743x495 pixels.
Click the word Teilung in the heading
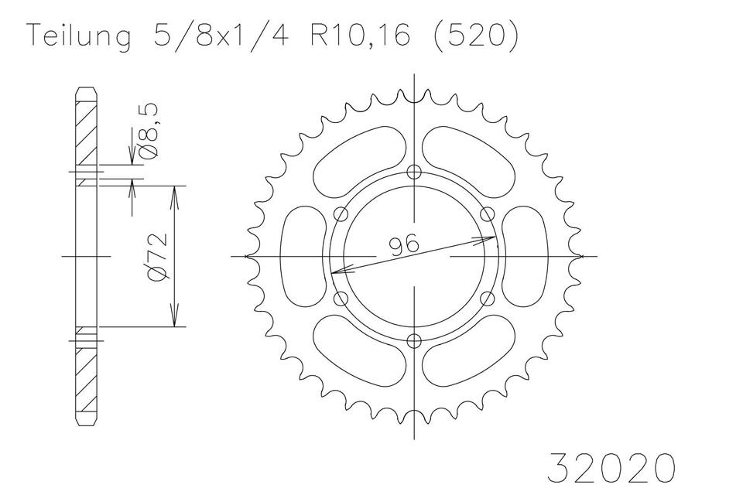point(80,36)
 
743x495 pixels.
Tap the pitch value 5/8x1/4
point(221,35)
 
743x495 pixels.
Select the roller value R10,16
point(360,35)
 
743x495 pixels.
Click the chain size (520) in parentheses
point(476,36)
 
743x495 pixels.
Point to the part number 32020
point(611,467)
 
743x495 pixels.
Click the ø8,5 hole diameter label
point(150,130)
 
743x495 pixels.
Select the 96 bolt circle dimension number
point(404,244)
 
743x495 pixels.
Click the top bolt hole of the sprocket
point(415,172)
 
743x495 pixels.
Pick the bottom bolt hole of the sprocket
point(415,340)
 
